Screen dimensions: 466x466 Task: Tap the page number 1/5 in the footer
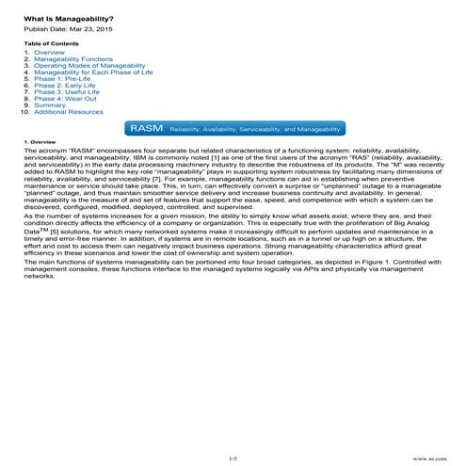coord(233,457)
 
